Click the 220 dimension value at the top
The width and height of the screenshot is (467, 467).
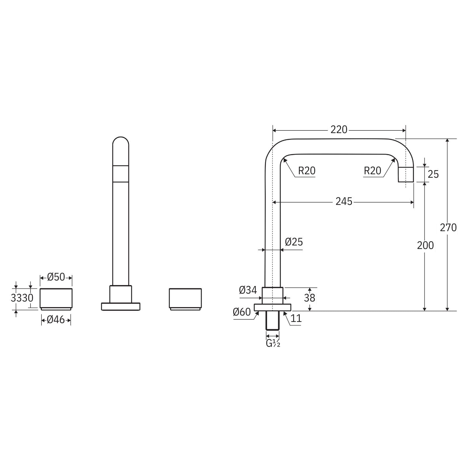(x=339, y=130)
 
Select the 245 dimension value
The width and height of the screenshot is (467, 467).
(x=344, y=201)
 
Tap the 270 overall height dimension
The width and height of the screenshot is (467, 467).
(x=448, y=227)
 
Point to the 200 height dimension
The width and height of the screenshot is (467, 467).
(x=425, y=245)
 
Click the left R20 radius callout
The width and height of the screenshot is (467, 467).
(x=306, y=171)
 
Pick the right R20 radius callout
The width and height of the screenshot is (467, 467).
(x=372, y=171)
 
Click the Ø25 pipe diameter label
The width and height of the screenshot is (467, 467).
(x=294, y=242)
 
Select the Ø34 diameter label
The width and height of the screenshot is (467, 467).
(x=248, y=290)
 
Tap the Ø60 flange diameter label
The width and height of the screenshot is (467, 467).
(x=242, y=312)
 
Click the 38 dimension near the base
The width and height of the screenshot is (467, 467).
(x=309, y=298)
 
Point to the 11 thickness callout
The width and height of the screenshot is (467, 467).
(x=296, y=318)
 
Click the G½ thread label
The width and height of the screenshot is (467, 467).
(x=273, y=344)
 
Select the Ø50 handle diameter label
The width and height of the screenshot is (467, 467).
(x=56, y=277)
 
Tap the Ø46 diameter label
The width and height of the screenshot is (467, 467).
(x=56, y=320)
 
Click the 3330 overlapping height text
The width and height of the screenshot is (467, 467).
(x=22, y=298)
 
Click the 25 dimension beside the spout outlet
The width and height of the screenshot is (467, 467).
(x=433, y=174)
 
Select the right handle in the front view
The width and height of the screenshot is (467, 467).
(x=185, y=299)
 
